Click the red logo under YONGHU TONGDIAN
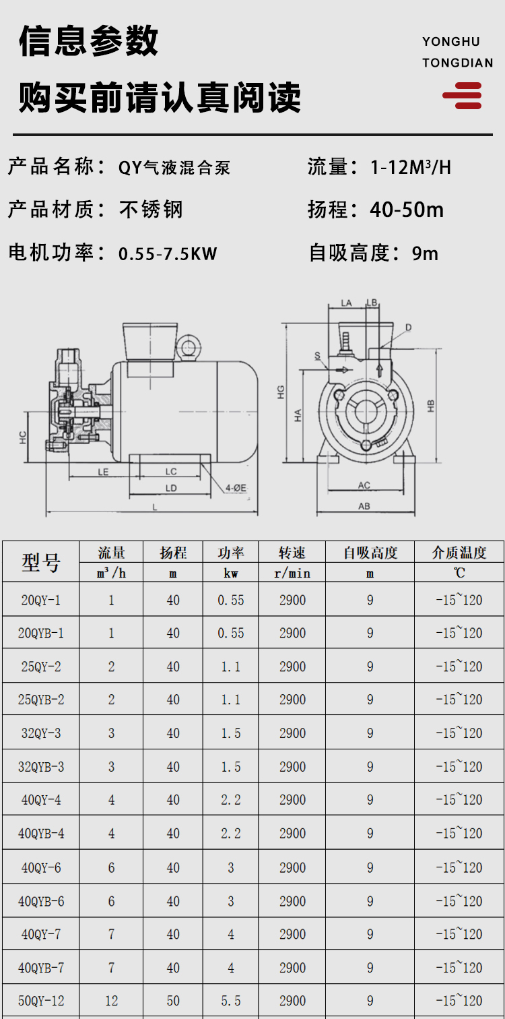(x=463, y=96)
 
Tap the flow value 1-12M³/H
(x=411, y=167)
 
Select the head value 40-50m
(x=407, y=210)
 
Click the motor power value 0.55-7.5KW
(x=168, y=254)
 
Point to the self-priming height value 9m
(x=425, y=253)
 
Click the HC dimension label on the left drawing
(x=23, y=437)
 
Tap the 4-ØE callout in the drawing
(x=236, y=488)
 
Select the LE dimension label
(x=103, y=472)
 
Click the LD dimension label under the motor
(x=171, y=488)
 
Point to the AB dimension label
(x=364, y=506)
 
